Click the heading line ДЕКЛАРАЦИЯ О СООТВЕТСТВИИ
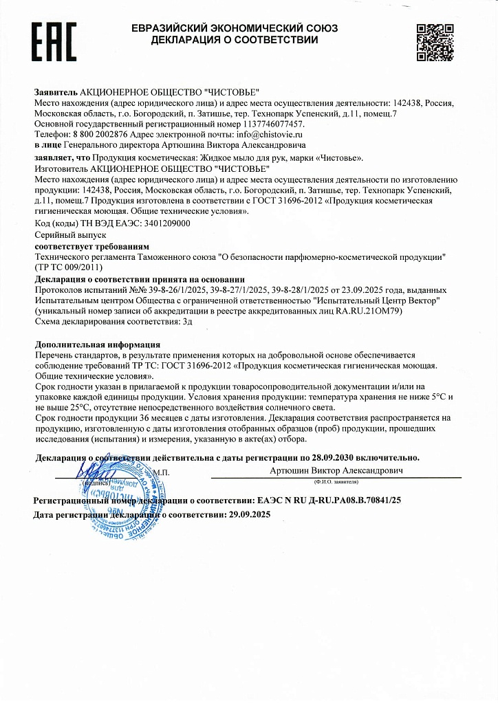tap(235, 40)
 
